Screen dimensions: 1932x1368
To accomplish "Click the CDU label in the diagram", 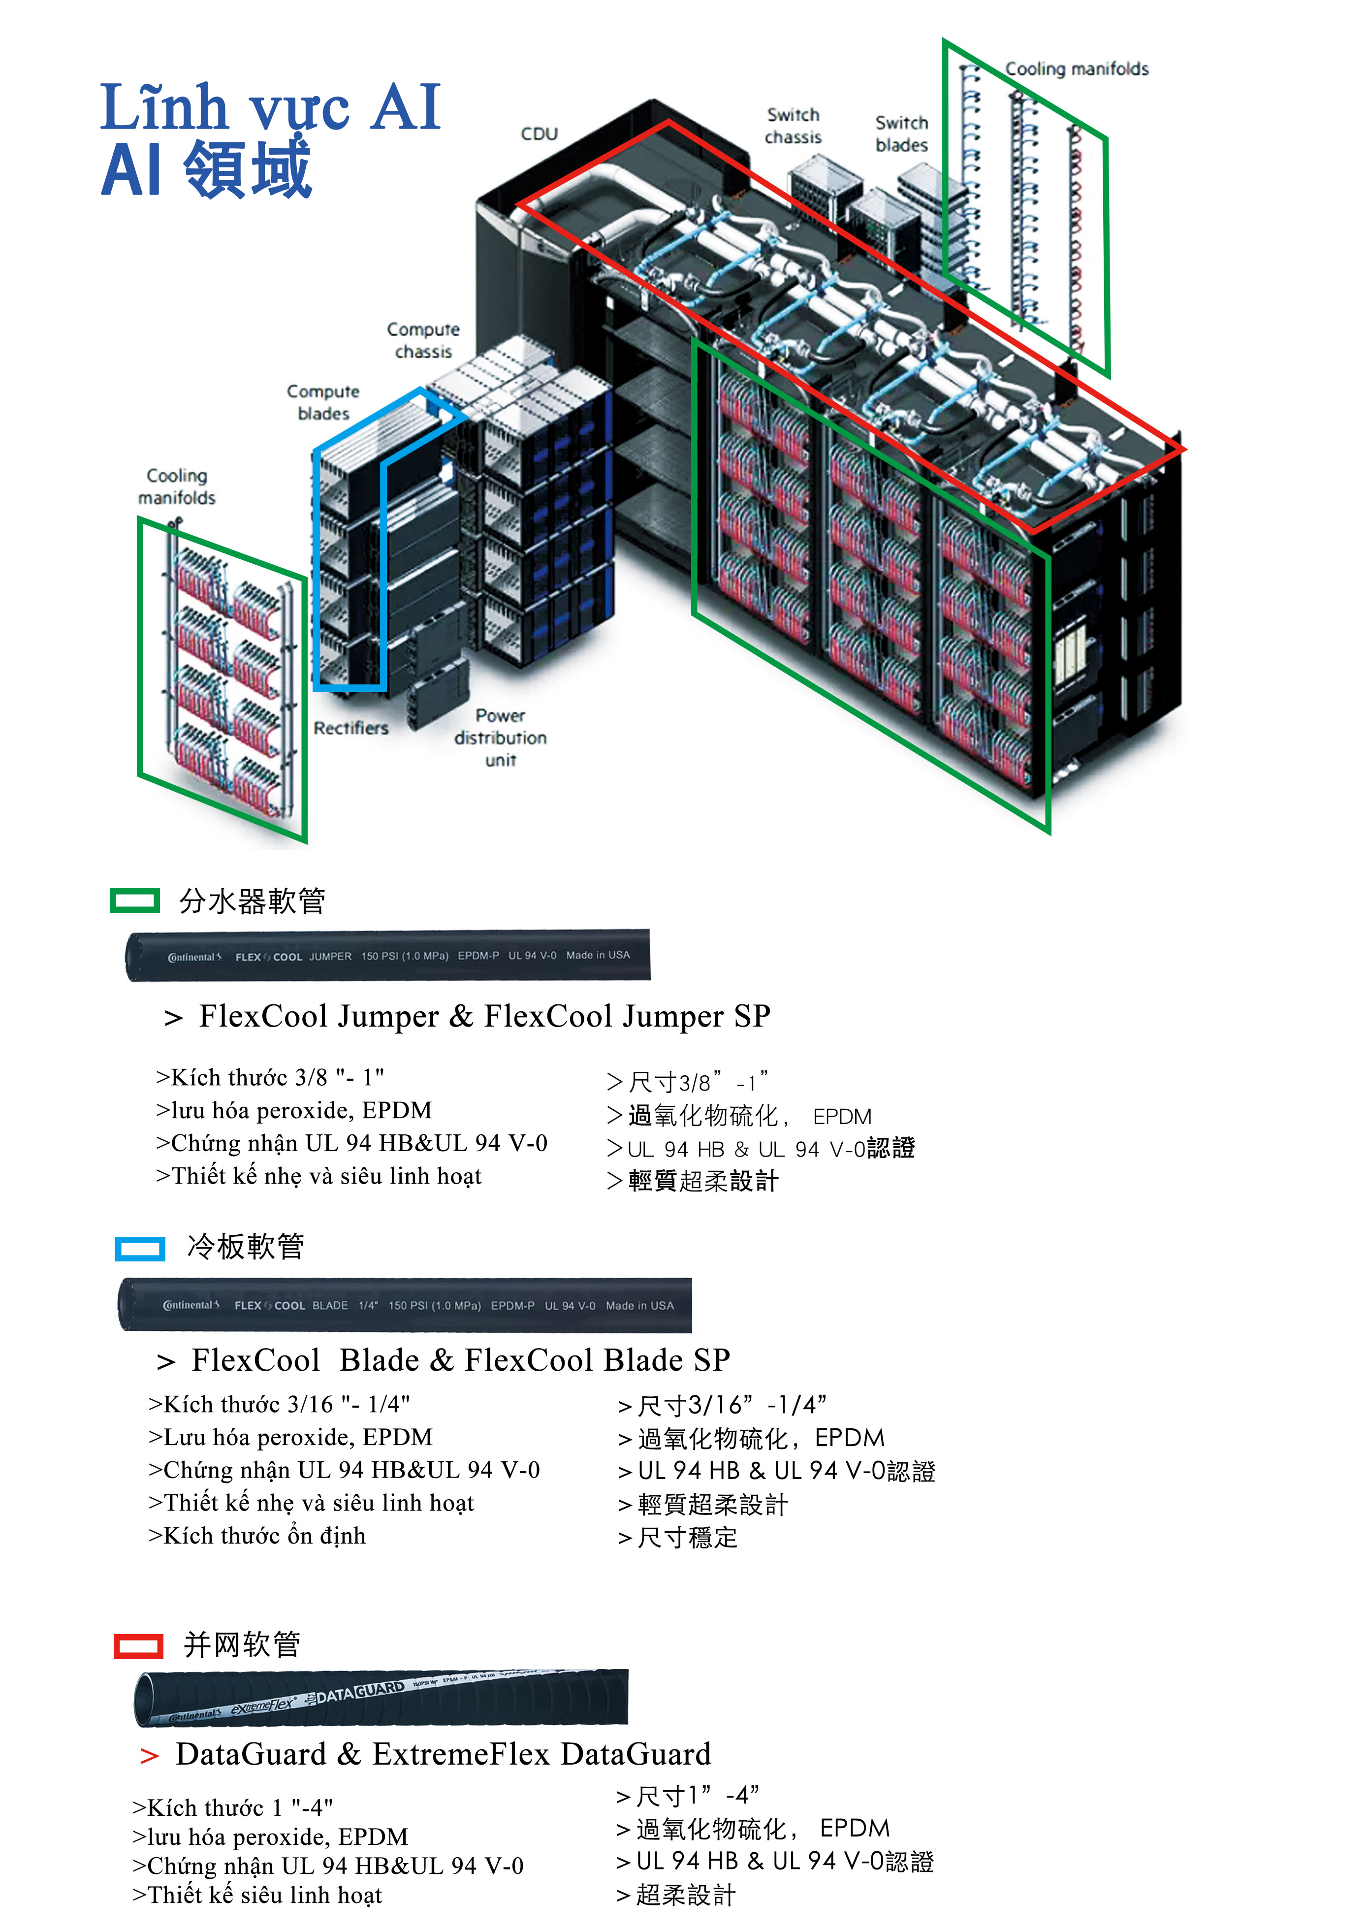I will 539,134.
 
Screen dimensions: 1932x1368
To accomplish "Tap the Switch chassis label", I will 793,126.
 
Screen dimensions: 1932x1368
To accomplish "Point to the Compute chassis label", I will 423,340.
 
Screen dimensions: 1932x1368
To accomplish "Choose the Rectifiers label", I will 350,728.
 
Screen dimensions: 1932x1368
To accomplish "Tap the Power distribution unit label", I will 500,737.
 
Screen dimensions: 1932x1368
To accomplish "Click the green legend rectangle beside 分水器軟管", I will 135,901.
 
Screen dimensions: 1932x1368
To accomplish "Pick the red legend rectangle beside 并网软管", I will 138,1645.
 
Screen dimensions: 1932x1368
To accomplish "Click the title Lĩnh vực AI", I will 270,108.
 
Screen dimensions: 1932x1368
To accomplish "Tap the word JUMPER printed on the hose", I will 330,956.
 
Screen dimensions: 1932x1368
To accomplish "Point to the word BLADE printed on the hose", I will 330,1305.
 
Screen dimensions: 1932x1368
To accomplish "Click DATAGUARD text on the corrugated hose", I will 360,1691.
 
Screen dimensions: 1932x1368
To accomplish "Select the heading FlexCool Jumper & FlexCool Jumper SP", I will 484,1016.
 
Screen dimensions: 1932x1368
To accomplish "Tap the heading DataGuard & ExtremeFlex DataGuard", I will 443,1754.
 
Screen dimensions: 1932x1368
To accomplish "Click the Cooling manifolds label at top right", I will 1077,69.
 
